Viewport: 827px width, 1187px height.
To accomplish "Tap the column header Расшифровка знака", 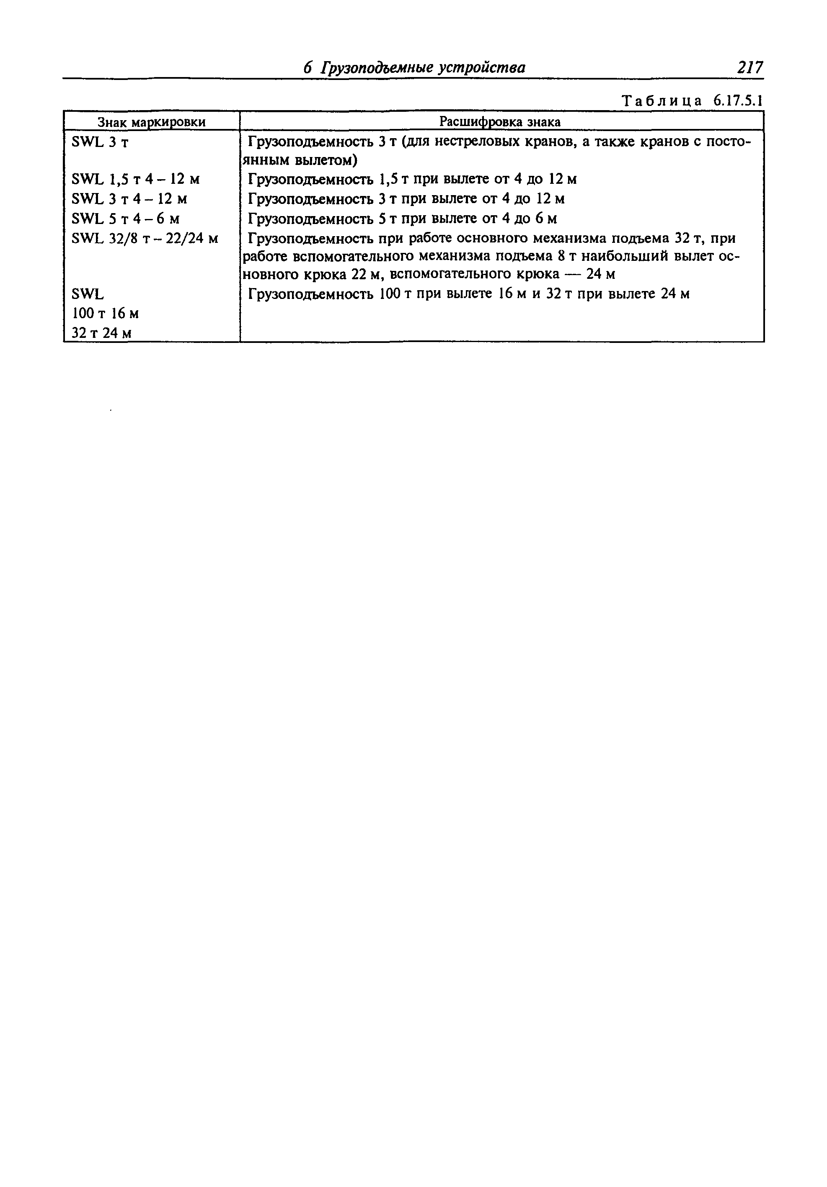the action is coord(500,121).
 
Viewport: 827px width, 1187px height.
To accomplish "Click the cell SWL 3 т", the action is coord(100,142).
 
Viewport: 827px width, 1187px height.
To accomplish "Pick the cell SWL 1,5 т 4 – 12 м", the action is coord(135,179).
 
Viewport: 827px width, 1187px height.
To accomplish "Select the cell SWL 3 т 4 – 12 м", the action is coord(129,199).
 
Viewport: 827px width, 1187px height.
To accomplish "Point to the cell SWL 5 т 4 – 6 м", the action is coord(126,219).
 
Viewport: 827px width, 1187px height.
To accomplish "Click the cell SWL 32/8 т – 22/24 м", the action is coord(145,238).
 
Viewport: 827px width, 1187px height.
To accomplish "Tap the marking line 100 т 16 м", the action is coord(105,314).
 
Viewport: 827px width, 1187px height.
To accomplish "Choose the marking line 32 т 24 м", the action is coord(101,333).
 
